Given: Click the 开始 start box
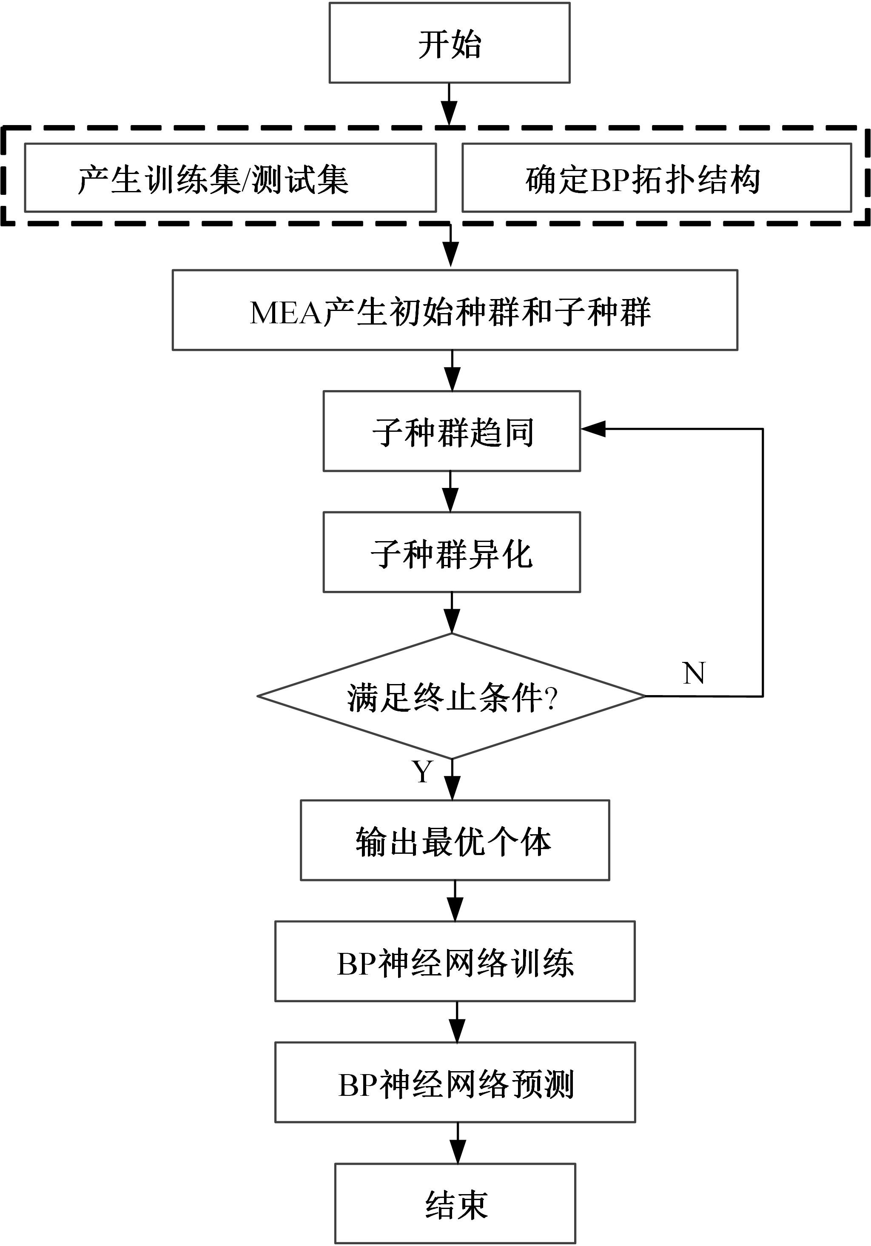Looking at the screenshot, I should point(450,43).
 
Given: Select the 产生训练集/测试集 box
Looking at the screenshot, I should point(230,177).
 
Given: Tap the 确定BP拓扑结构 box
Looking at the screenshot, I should point(656,177).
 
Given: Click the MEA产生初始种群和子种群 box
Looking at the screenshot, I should point(455,310).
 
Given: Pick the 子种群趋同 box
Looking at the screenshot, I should point(452,431).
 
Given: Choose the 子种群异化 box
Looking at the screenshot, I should point(452,552).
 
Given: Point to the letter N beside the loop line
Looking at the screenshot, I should point(694,673).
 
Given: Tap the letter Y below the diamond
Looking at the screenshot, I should point(422,771).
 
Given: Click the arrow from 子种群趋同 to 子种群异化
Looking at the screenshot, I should point(450,492).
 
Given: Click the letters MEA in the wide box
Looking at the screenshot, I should point(285,313).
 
